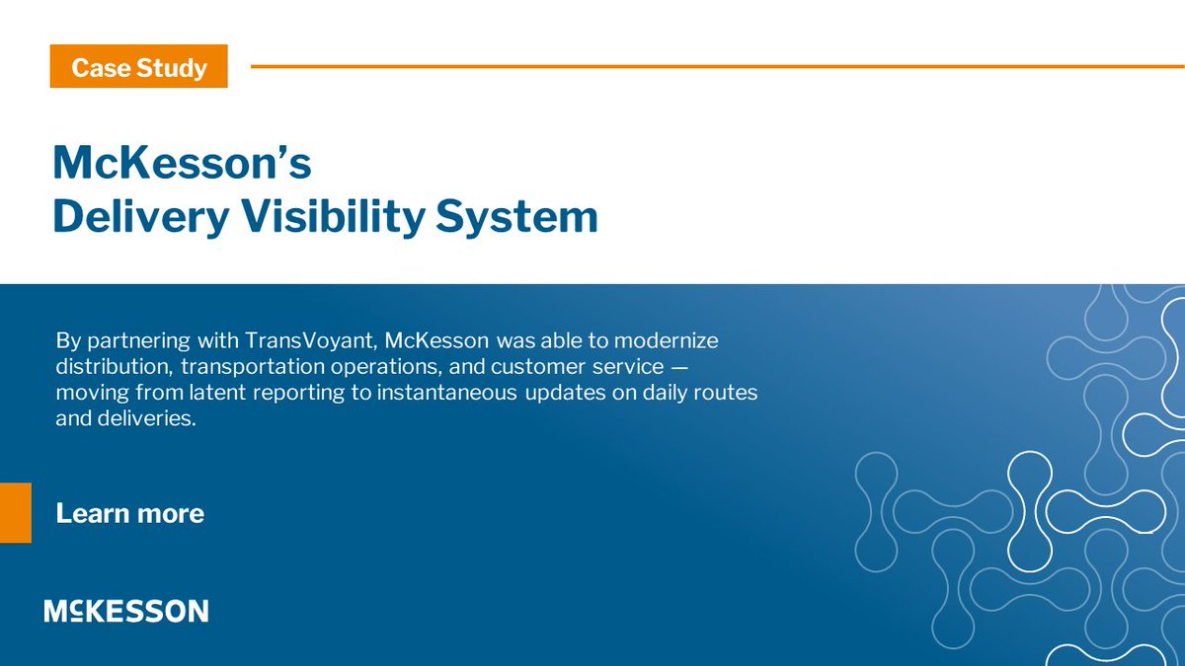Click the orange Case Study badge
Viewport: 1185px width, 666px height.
coord(138,68)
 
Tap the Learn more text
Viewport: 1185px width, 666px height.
coord(129,513)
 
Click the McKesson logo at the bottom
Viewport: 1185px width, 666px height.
coord(125,611)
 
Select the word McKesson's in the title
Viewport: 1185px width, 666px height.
coord(182,164)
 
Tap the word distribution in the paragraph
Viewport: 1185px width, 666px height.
coord(109,367)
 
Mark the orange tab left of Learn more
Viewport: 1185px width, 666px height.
coord(15,513)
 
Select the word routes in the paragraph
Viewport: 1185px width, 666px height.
coord(729,393)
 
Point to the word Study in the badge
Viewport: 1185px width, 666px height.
coord(173,68)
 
